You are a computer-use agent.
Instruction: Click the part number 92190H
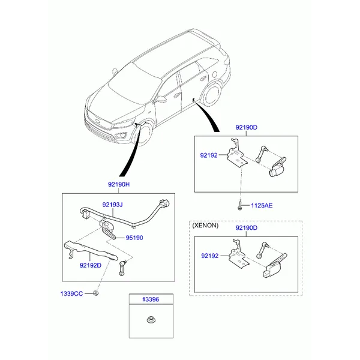[x=119, y=184]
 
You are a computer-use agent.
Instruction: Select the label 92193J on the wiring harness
[x=113, y=205]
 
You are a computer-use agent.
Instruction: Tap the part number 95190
[x=134, y=238]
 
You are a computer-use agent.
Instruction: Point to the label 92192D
[x=91, y=265]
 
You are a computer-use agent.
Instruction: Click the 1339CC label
[x=71, y=293]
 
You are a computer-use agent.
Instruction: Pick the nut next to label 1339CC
[x=96, y=293]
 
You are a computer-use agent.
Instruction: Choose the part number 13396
[x=151, y=299]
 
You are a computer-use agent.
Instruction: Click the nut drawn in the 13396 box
[x=151, y=319]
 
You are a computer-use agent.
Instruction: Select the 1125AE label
[x=262, y=205]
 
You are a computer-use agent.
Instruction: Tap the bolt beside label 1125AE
[x=239, y=205]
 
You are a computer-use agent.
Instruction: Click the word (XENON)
[x=205, y=226]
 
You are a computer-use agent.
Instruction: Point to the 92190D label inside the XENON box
[x=247, y=228]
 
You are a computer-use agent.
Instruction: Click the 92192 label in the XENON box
[x=209, y=256]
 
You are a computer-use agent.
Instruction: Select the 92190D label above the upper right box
[x=247, y=127]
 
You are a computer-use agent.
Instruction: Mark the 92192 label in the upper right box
[x=209, y=155]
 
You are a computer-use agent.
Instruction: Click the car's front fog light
[x=121, y=136]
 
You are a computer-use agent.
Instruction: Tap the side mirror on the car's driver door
[x=161, y=99]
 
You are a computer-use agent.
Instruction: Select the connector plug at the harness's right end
[x=164, y=203]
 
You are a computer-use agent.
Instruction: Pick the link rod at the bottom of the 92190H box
[x=122, y=268]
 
